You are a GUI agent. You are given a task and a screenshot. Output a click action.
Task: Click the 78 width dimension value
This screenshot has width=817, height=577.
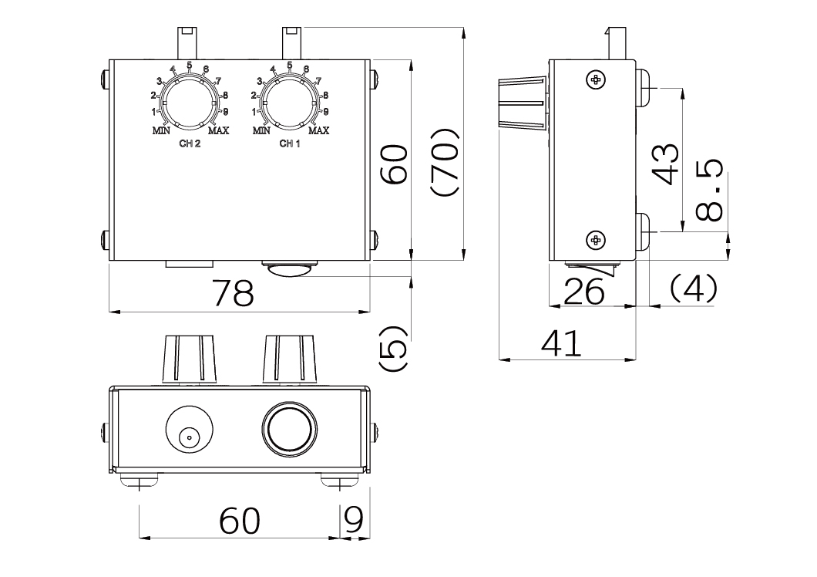pos(233,293)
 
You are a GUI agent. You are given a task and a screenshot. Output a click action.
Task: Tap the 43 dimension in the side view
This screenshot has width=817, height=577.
pos(665,164)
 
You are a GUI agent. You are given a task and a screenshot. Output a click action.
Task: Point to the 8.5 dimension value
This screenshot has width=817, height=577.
pos(708,190)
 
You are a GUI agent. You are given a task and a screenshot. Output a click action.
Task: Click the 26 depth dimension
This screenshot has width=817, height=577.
pos(584,292)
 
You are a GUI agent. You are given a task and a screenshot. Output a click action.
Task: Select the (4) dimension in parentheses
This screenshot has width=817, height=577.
pos(693,288)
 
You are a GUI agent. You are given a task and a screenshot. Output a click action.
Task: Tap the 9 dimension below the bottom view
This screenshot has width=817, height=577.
pos(353,521)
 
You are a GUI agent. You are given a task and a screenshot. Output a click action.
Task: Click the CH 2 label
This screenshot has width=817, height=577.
pos(190,144)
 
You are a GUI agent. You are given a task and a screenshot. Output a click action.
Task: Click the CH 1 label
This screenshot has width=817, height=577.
pos(290,144)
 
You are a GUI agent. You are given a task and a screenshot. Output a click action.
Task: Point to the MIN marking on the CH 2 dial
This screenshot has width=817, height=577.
pos(161,131)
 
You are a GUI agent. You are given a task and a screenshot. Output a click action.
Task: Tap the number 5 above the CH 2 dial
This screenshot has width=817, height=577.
pos(190,65)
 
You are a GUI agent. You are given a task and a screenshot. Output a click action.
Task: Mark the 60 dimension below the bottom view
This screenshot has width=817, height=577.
pos(240,521)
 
